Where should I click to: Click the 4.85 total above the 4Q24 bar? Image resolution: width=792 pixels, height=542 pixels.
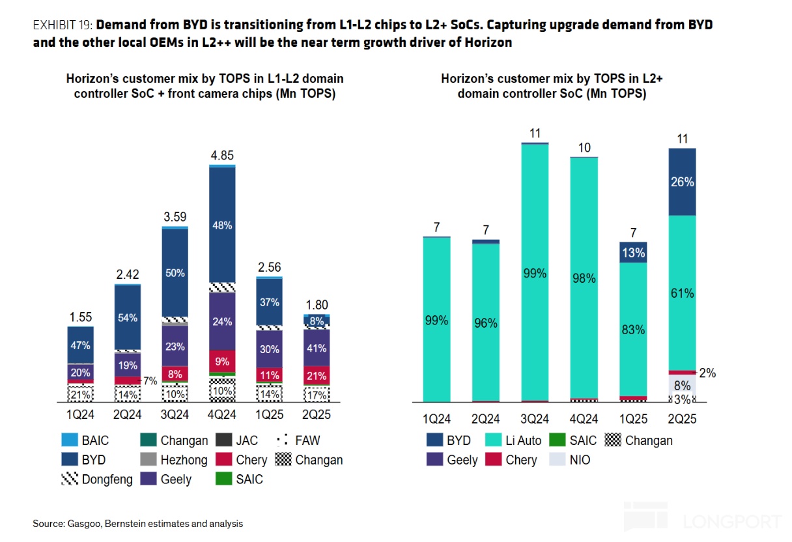point(222,156)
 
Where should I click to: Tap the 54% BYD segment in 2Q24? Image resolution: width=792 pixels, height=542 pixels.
point(128,317)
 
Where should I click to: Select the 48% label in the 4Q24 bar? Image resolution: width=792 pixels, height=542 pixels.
point(222,225)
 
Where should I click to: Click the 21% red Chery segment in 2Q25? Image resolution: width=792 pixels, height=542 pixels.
point(317,376)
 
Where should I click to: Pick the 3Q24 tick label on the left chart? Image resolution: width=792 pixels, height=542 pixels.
point(175,415)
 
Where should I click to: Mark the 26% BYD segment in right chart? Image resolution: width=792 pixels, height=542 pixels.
point(682,182)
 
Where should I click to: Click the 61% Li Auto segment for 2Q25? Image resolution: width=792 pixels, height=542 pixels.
point(682,293)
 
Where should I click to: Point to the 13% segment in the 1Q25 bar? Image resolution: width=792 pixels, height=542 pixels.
point(633,253)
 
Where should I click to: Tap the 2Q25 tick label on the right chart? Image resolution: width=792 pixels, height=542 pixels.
point(682,420)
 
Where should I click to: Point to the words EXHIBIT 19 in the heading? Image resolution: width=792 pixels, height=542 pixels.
point(63,25)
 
